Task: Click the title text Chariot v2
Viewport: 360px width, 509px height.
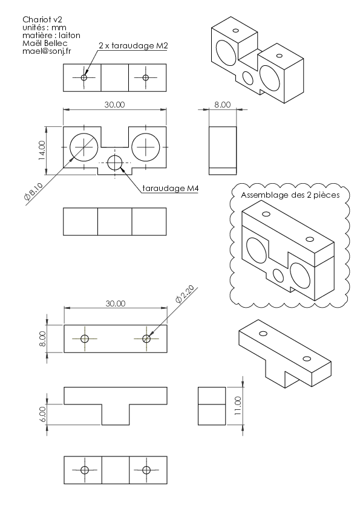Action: [x=42, y=19]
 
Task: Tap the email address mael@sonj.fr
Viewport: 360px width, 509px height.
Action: [x=47, y=51]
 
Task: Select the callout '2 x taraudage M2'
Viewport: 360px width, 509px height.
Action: [x=133, y=45]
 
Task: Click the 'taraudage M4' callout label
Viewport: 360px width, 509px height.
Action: [x=171, y=188]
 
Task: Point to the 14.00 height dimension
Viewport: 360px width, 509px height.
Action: [x=42, y=151]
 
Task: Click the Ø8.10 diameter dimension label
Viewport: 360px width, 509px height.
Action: [x=33, y=192]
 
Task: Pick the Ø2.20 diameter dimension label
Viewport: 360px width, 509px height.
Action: [x=185, y=294]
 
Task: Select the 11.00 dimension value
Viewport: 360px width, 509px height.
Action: [x=238, y=406]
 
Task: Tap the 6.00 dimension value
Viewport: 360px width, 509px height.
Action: [x=42, y=414]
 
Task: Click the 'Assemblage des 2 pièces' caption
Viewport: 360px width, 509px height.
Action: [x=290, y=195]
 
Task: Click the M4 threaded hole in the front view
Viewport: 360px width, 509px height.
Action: [x=114, y=162]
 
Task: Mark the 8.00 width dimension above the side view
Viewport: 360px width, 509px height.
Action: [x=223, y=105]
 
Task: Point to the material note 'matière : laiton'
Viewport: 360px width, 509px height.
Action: [x=51, y=35]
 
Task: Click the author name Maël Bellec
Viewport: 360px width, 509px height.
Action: [x=45, y=43]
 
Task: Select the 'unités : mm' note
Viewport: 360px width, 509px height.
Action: [x=45, y=27]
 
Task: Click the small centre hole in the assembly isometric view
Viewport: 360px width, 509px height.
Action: [x=278, y=275]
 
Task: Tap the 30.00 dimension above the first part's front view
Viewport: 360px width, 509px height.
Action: [x=115, y=105]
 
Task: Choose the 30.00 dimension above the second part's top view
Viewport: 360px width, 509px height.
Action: [x=116, y=303]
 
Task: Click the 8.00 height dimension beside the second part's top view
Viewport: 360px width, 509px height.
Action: [x=42, y=339]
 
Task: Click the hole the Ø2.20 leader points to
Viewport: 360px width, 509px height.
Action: [x=146, y=339]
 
